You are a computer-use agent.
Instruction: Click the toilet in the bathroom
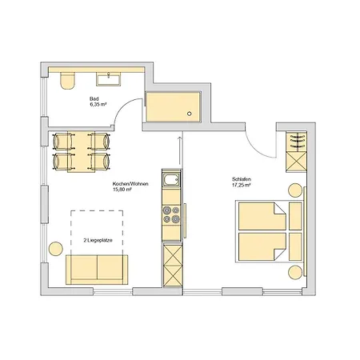(x=67, y=80)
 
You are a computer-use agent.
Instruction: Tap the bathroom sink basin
(x=109, y=80)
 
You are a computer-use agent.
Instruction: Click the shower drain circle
(x=190, y=114)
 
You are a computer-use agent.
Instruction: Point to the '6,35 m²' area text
(x=98, y=105)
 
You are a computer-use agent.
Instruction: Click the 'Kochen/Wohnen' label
(x=130, y=184)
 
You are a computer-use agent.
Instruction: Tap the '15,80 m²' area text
(x=122, y=190)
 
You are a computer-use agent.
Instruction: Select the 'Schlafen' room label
(x=242, y=179)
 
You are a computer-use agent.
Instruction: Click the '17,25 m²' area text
(x=241, y=185)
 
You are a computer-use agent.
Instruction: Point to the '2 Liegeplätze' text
(x=98, y=240)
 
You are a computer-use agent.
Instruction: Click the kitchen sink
(x=171, y=179)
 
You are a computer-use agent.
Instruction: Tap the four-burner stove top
(x=171, y=214)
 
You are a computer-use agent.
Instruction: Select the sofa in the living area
(x=97, y=270)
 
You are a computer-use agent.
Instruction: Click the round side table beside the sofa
(x=56, y=249)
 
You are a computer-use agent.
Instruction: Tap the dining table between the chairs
(x=82, y=152)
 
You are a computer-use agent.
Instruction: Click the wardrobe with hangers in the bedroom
(x=296, y=142)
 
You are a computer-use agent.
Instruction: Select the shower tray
(x=173, y=107)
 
